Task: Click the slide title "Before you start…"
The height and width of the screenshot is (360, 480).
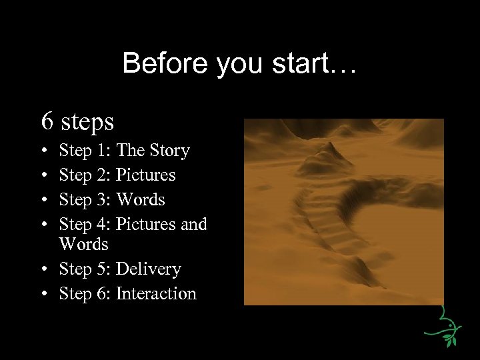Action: [x=240, y=64]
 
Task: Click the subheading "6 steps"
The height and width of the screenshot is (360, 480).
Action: [x=77, y=121]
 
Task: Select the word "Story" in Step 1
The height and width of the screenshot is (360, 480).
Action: [x=169, y=151]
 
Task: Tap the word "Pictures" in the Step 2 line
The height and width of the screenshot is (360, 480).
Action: [x=145, y=175]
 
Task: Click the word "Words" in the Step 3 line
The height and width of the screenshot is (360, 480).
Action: [x=140, y=199]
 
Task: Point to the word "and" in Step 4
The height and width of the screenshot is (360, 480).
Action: [x=193, y=224]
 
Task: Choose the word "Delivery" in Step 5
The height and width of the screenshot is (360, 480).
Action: [x=148, y=269]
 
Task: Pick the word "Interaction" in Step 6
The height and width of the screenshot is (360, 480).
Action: [x=156, y=293]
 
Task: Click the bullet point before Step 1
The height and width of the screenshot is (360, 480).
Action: [x=43, y=151]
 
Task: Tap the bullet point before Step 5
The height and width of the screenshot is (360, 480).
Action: [x=43, y=270]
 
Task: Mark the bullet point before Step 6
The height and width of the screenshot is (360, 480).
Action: [x=43, y=294]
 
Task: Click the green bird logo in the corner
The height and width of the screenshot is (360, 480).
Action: [x=443, y=327]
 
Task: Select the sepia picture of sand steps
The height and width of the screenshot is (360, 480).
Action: [x=343, y=212]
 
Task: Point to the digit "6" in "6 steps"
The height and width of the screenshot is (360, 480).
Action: [x=47, y=121]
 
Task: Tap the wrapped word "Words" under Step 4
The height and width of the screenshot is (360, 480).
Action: [x=83, y=245]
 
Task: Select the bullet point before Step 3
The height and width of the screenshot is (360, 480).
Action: [x=43, y=200]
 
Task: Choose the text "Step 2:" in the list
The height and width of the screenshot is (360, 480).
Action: [x=85, y=175]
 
